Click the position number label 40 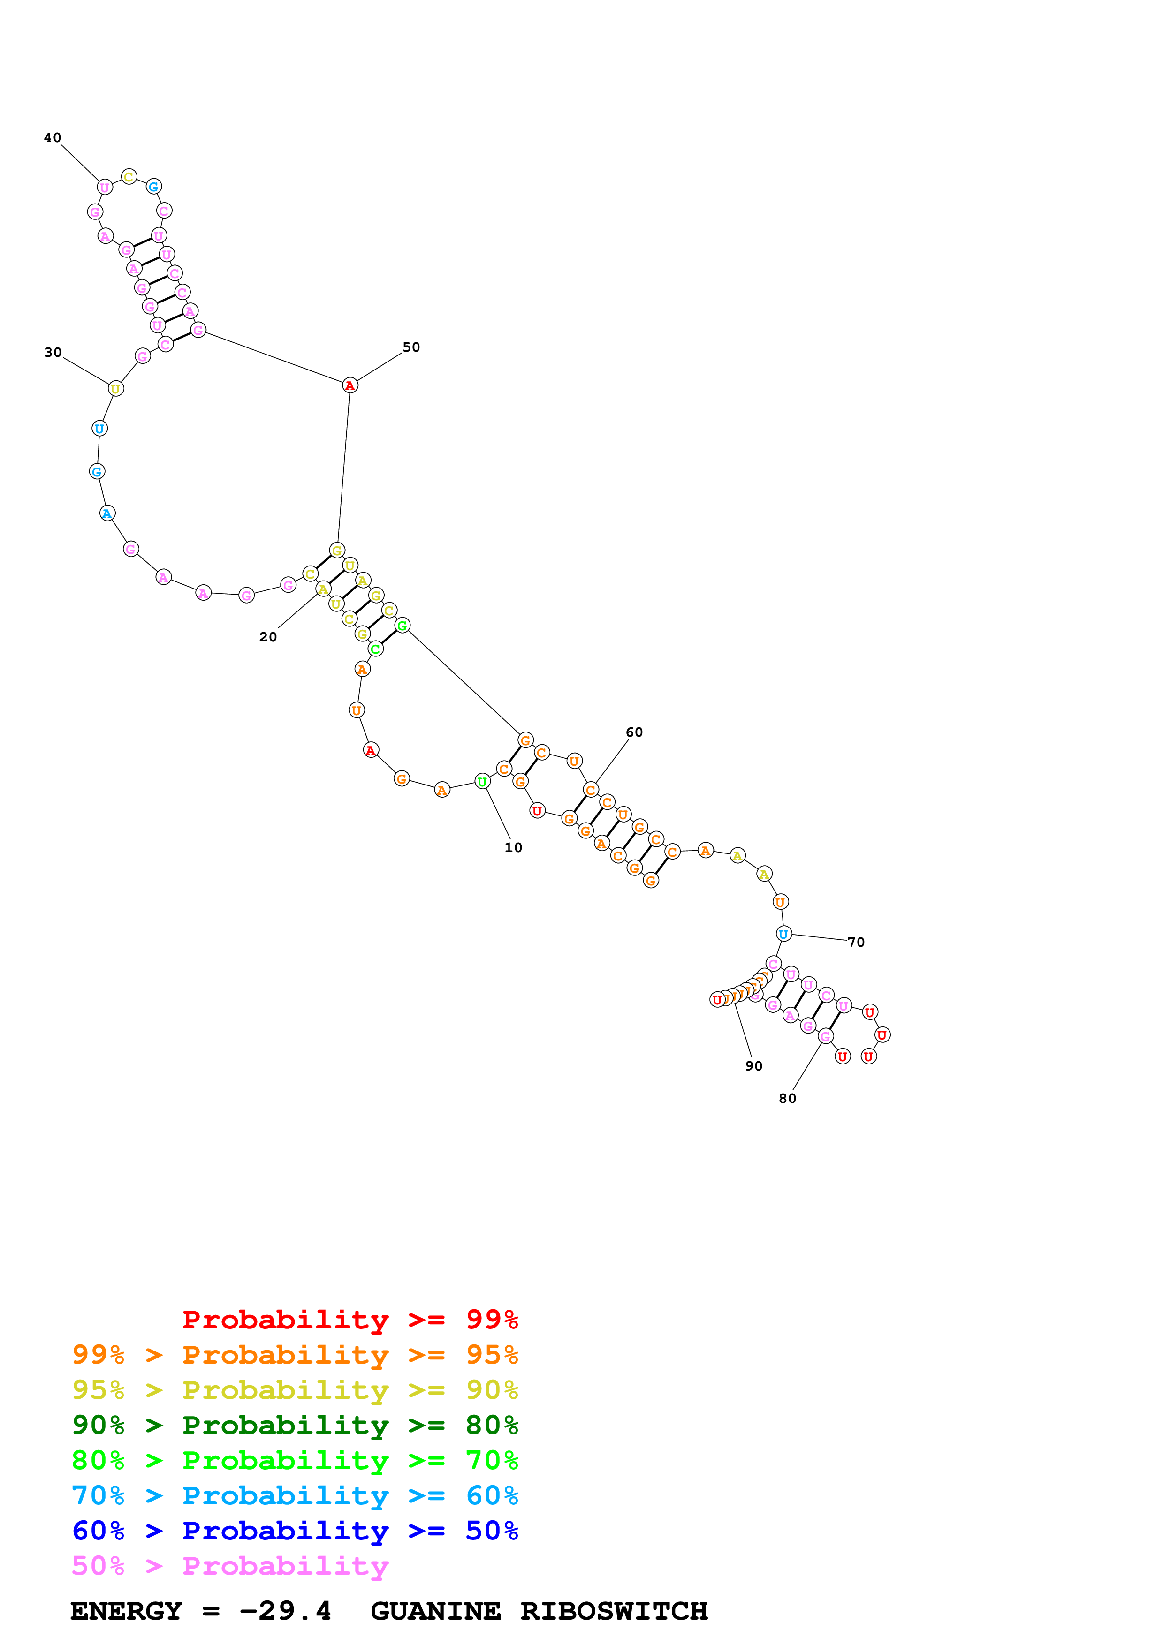53,137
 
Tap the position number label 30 53,353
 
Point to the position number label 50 410,347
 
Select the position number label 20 268,637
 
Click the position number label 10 513,847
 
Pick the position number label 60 634,732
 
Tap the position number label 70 856,942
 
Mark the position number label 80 787,1098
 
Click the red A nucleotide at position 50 350,385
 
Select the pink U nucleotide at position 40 105,188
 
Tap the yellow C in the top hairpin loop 129,176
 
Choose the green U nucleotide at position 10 482,782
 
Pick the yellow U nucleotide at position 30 115,389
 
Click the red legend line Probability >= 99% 350,1319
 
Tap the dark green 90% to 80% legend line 295,1425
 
